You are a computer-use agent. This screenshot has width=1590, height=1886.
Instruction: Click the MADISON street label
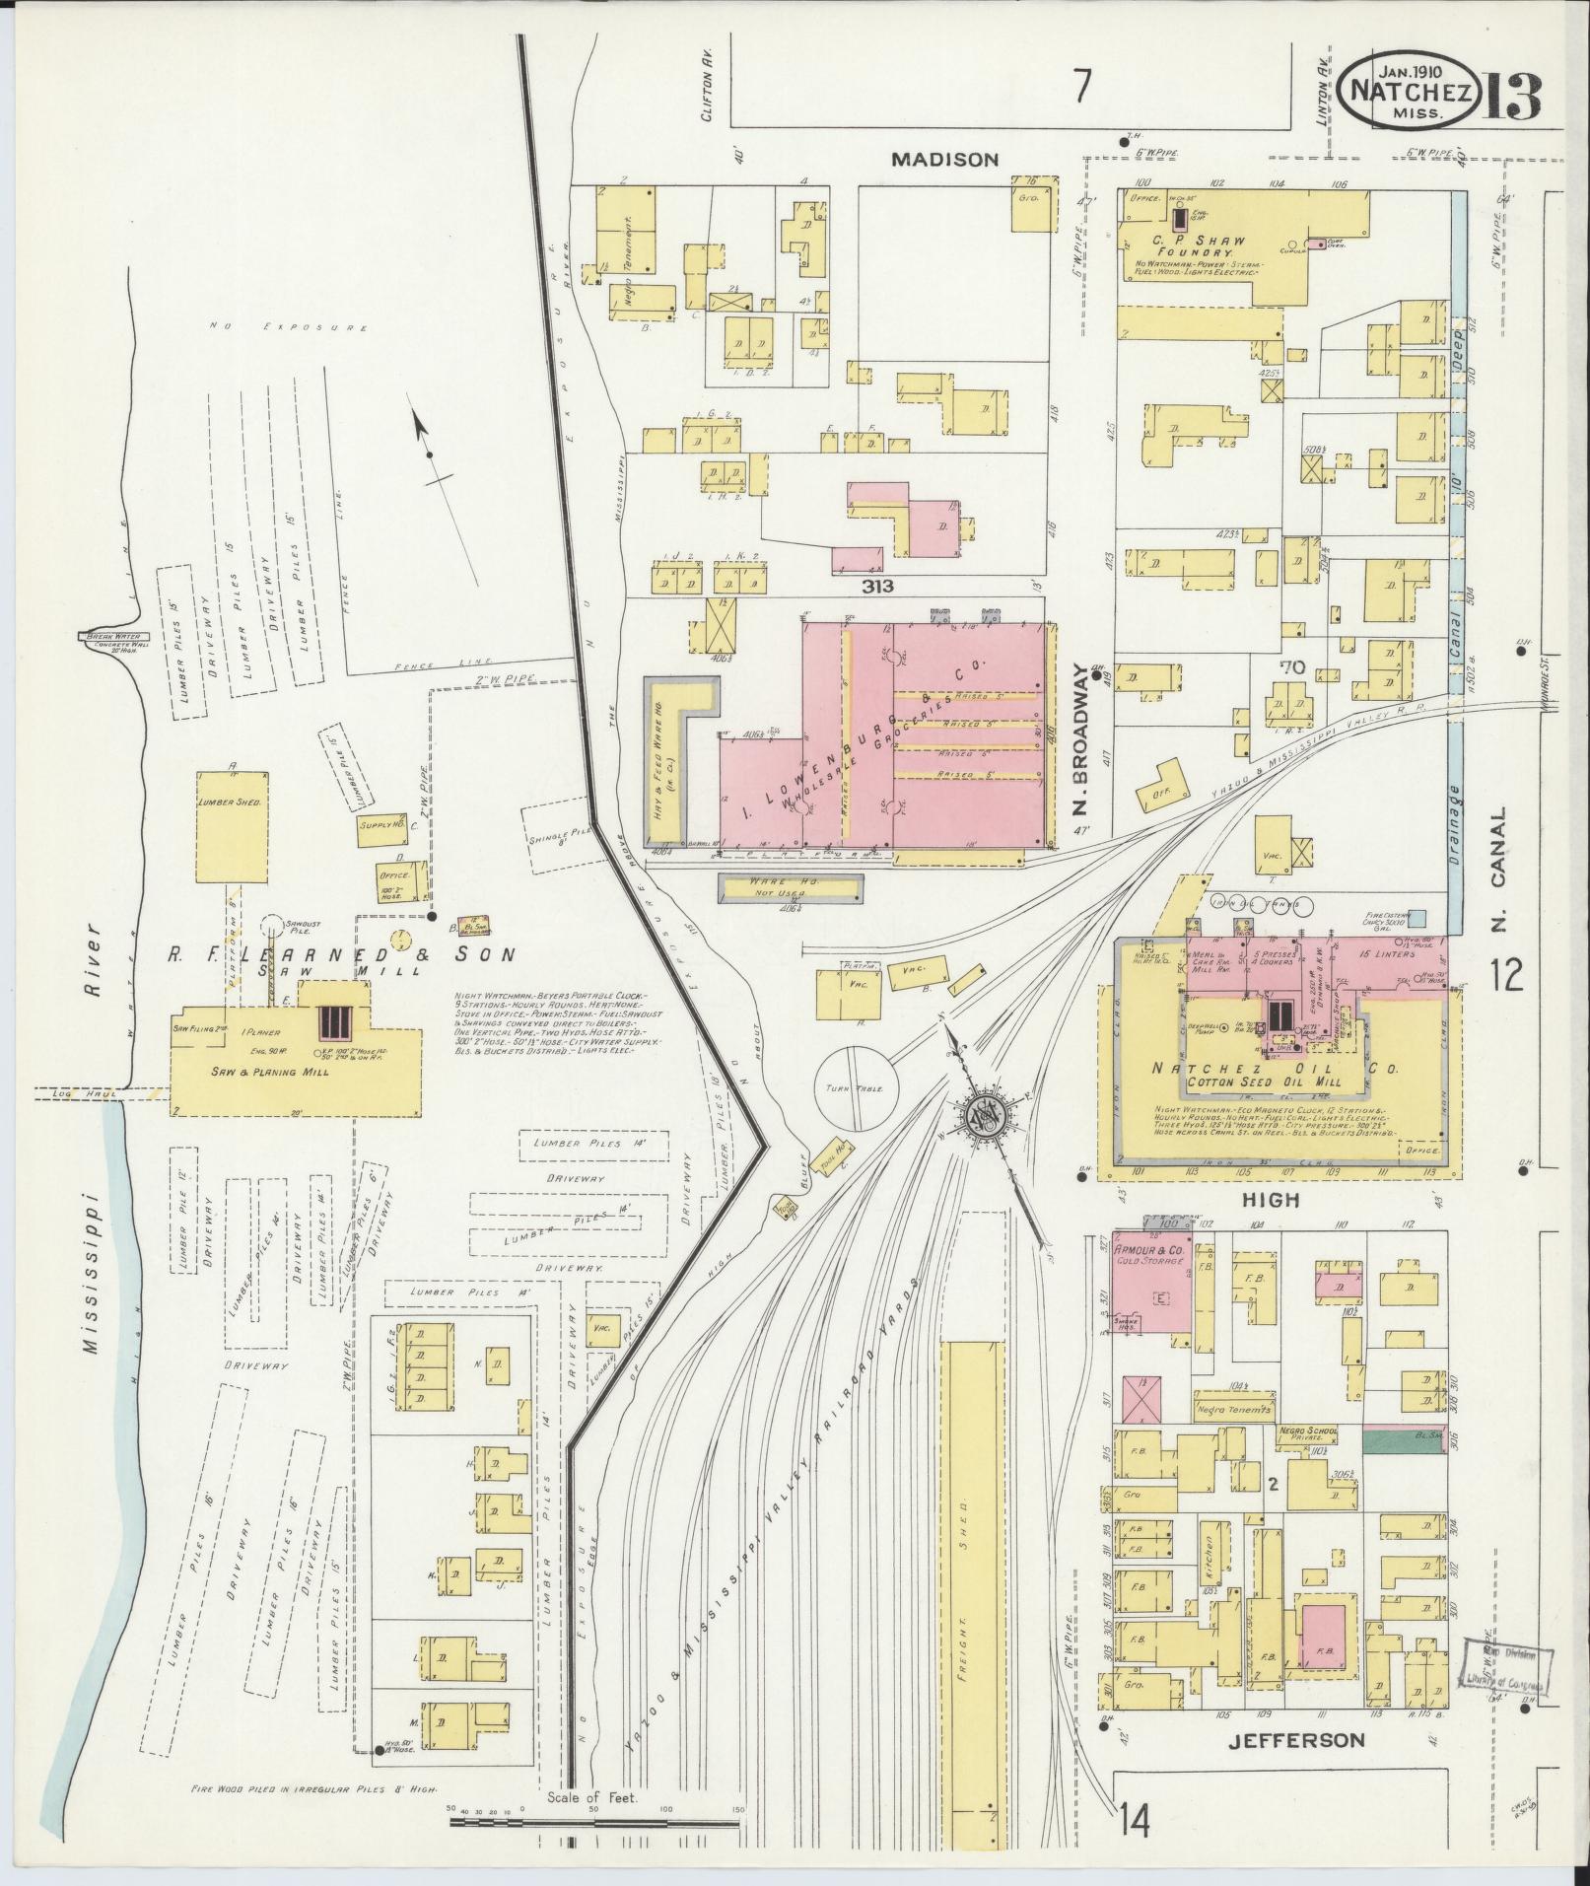pyautogui.click(x=945, y=159)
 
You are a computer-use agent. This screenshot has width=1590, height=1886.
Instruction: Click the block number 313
pyautogui.click(x=875, y=587)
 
